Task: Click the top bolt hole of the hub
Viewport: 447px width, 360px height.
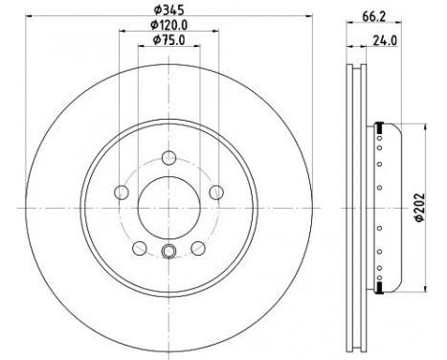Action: [168, 159]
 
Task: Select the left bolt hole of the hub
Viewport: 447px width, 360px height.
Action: [121, 193]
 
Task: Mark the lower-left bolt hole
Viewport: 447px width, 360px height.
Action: [139, 249]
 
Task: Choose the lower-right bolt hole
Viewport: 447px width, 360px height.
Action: [198, 249]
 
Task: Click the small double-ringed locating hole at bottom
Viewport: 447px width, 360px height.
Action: [168, 252]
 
